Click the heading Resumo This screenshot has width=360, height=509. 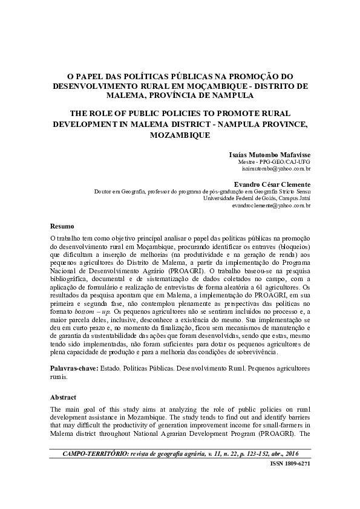click(62, 225)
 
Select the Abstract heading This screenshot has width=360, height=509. click(64, 397)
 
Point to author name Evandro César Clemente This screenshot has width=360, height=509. click(273, 184)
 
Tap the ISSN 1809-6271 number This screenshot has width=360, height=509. click(289, 464)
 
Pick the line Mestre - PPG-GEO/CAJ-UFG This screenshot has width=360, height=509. click(276, 163)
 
